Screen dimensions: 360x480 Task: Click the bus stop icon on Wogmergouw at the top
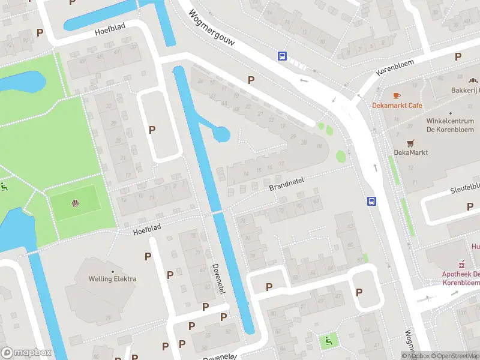click(282, 56)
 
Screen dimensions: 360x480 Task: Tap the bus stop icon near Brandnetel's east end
click(371, 202)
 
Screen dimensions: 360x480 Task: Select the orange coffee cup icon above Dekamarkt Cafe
click(396, 95)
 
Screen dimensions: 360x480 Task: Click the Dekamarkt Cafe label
click(397, 106)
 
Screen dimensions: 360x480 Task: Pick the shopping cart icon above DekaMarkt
click(410, 143)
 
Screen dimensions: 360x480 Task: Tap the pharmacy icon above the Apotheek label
click(462, 263)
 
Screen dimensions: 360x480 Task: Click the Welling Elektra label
click(112, 278)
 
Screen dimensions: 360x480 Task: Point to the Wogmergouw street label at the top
click(211, 28)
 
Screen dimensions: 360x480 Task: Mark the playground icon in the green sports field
click(75, 203)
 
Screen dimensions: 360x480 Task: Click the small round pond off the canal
click(221, 134)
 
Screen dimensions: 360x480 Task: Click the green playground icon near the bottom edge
click(328, 341)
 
